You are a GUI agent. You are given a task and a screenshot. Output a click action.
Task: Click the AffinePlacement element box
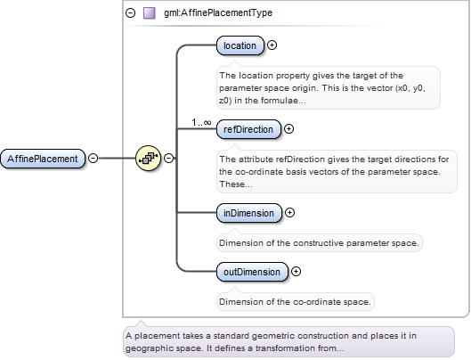(x=43, y=159)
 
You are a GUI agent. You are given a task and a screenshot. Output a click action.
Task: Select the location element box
(x=240, y=45)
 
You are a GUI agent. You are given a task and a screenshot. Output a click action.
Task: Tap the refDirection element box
(x=248, y=129)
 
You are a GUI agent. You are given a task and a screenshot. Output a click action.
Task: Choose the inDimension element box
(x=249, y=213)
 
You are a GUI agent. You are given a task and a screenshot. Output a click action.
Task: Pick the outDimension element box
(x=252, y=272)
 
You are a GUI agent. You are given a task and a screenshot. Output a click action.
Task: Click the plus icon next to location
(x=272, y=45)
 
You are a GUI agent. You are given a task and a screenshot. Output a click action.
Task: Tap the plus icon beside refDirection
(x=288, y=128)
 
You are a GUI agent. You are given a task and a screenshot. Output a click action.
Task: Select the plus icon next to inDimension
(x=289, y=213)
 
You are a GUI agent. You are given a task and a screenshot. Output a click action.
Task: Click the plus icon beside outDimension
(x=296, y=271)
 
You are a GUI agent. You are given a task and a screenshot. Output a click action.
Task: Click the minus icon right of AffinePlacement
(x=93, y=158)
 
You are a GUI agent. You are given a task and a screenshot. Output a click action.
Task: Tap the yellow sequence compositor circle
(x=148, y=159)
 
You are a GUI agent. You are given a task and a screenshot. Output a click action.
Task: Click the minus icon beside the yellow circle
(x=169, y=158)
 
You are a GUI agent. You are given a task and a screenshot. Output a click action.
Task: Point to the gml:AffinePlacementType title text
(x=218, y=12)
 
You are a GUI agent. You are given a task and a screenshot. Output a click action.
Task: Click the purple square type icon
(x=150, y=13)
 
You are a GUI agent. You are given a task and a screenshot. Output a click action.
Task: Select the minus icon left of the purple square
(x=130, y=13)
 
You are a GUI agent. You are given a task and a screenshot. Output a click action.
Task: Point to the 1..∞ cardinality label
(x=201, y=122)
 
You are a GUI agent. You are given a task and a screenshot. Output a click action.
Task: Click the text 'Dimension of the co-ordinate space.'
(x=295, y=302)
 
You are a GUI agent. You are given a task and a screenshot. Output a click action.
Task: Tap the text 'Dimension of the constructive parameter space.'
(x=319, y=243)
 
